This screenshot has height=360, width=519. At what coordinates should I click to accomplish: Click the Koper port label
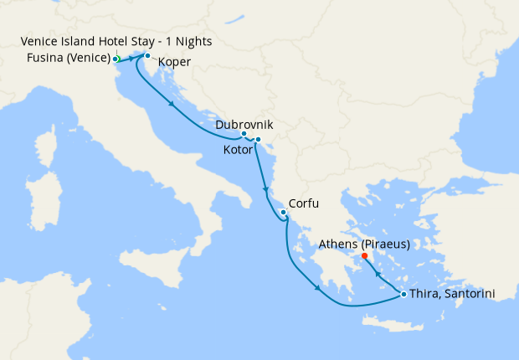point(173,63)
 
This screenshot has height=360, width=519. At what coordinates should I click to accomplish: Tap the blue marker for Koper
point(147,56)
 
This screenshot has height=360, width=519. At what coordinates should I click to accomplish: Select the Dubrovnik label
point(244,125)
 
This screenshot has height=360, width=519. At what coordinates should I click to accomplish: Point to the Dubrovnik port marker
point(244,134)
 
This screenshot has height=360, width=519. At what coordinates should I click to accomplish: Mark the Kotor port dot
point(258,139)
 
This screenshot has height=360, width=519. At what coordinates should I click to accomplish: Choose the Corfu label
point(304,203)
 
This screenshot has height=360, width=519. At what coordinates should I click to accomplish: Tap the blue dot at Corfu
point(284,213)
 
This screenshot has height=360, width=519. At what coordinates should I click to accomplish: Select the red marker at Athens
point(364,256)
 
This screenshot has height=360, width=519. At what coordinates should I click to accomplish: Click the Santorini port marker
point(403,294)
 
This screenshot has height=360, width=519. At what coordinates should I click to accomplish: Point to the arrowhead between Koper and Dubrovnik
point(171,105)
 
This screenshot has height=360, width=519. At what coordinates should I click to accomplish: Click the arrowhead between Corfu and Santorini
point(317,291)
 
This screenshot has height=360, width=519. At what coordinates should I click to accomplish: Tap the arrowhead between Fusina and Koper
point(131,59)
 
